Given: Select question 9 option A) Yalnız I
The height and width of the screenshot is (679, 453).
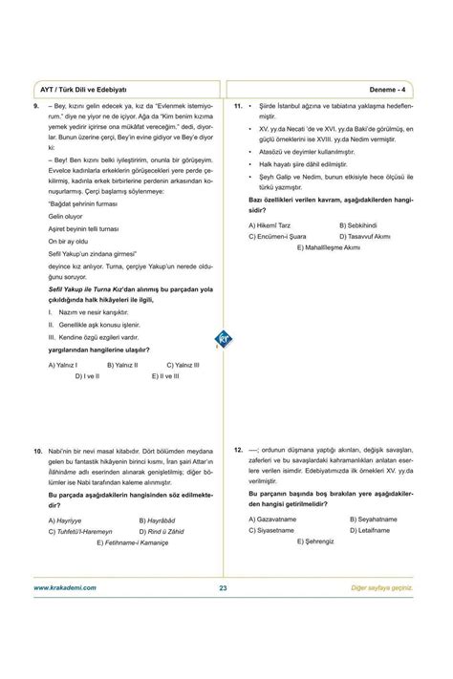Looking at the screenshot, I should coord(63,365).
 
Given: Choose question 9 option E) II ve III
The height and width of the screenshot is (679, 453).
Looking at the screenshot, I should coord(165,376).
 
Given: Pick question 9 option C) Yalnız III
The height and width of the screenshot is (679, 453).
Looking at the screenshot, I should coord(183,365).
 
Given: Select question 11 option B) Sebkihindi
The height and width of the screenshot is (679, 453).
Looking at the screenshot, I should coord(358,224).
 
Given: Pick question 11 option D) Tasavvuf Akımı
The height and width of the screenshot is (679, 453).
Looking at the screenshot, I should coord(367,236).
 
